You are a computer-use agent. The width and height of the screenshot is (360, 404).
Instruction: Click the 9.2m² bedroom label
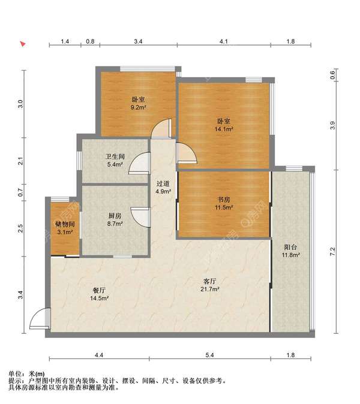139,103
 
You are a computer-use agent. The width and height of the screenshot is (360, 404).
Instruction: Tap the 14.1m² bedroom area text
224,125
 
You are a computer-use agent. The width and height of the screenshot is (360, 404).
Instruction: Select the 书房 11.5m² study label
224,203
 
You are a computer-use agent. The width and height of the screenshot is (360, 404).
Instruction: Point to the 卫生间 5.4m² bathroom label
115,160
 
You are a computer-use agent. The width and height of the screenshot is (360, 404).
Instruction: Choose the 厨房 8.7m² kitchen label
115,219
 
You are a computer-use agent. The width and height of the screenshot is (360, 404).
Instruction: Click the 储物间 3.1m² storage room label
65,228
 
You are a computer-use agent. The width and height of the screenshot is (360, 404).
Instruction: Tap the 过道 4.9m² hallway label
163,187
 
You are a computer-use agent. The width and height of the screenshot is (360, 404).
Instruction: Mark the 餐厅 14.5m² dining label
99,294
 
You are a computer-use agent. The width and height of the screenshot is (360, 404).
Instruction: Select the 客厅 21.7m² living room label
210,285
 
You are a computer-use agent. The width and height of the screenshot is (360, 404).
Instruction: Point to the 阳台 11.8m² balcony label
290,251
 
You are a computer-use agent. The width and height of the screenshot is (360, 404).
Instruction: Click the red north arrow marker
23,44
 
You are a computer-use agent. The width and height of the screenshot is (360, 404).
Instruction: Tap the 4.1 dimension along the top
224,41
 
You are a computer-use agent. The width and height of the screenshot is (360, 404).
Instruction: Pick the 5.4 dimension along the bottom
209,355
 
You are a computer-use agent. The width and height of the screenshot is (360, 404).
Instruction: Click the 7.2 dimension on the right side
332,251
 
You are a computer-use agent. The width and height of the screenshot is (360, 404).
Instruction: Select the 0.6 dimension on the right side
332,75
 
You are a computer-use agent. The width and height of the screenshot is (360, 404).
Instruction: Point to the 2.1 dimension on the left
20,161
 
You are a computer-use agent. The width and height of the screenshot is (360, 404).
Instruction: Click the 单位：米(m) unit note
26,373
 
